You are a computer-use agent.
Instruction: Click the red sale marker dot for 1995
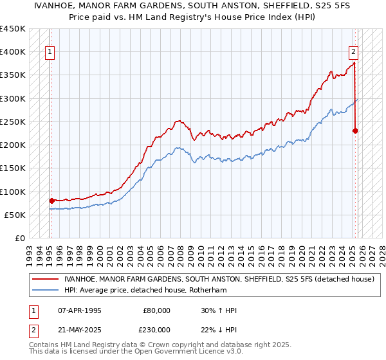click(x=51, y=201)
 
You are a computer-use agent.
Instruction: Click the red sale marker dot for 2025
click(x=355, y=130)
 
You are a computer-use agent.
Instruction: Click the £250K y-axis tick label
click(x=13, y=122)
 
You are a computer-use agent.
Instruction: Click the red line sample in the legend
click(x=46, y=279)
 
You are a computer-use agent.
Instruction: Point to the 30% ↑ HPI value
click(x=219, y=310)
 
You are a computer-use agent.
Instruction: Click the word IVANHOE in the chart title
click(x=97, y=6)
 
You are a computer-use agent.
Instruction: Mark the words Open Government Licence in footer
click(x=189, y=352)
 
